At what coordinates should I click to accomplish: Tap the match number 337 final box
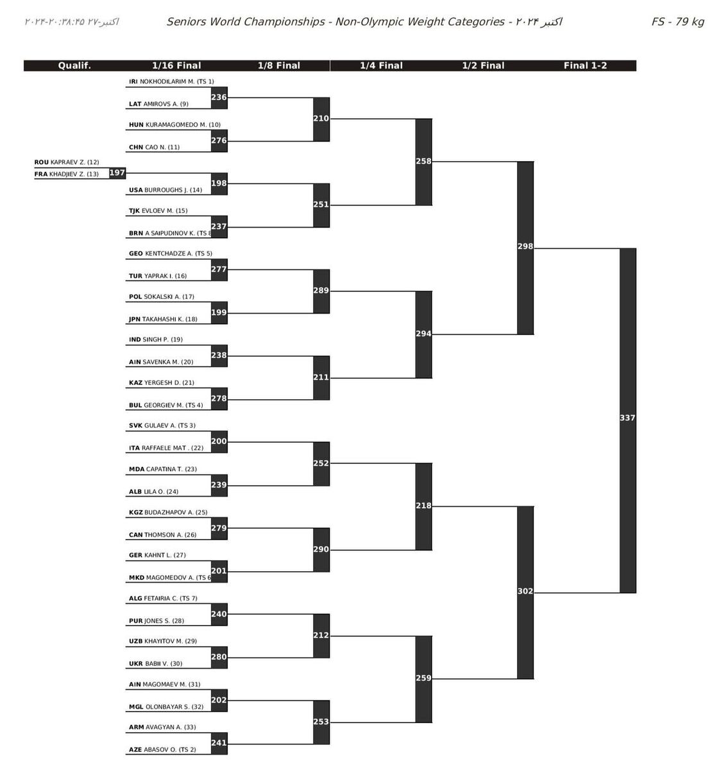pos(627,418)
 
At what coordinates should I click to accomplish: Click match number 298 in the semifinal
pos(525,246)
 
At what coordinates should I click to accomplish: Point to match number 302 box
pos(525,592)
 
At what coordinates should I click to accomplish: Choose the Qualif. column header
pos(74,65)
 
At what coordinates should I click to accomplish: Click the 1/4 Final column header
pos(381,65)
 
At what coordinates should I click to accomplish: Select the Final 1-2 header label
pos(585,65)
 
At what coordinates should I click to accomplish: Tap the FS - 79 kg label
pos(677,22)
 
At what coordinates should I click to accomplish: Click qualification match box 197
pos(117,173)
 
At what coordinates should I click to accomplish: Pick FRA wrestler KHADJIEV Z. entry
pos(67,174)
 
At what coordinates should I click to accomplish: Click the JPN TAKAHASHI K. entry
pos(163,319)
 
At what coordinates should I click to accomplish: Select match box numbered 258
pos(423,162)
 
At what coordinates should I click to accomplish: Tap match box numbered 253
pos(321,722)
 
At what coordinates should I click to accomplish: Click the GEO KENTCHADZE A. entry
pos(170,253)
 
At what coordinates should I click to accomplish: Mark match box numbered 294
pos(423,334)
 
